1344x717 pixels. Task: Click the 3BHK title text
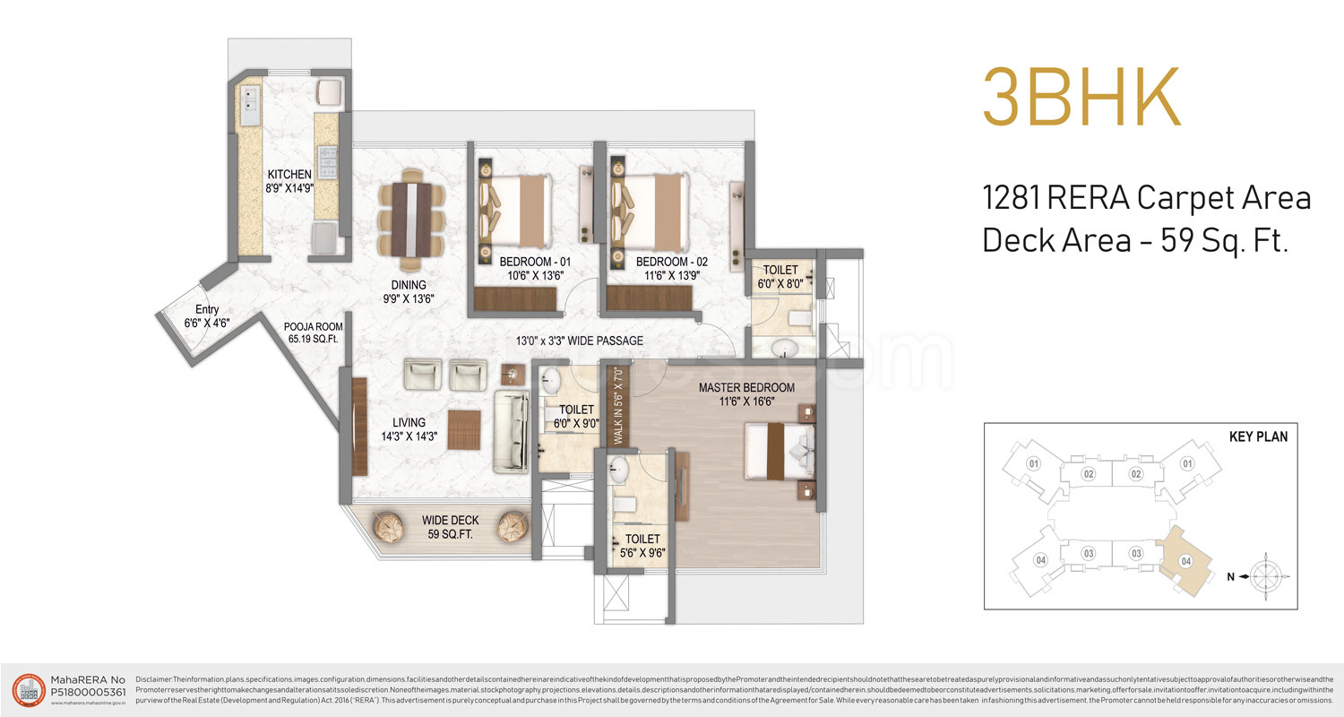[x=1081, y=97]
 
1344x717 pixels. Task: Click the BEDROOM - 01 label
[x=535, y=269]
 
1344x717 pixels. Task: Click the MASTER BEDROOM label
[x=746, y=395]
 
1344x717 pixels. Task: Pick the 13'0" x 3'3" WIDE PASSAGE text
[x=579, y=341]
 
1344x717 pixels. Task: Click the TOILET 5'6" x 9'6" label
[x=642, y=546]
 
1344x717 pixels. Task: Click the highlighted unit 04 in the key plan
[x=1185, y=558]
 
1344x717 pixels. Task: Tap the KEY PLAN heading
[x=1258, y=437]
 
